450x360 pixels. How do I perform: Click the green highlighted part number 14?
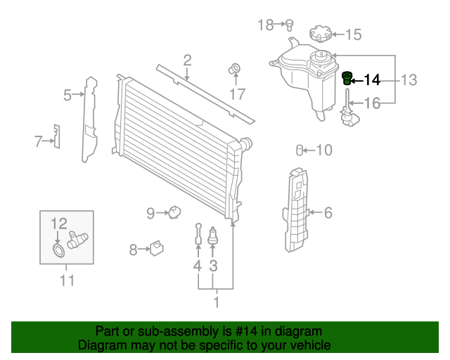tap(347, 78)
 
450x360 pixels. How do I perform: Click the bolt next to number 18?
tap(288, 25)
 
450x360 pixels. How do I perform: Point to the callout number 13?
tap(409, 80)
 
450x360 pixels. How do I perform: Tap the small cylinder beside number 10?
tap(300, 150)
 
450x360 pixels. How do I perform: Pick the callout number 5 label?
tap(67, 94)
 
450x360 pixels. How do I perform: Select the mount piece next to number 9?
tap(174, 211)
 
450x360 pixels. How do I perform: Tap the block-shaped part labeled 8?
tap(157, 247)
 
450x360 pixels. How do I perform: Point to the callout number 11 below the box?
tap(66, 281)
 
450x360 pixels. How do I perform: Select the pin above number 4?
tap(199, 233)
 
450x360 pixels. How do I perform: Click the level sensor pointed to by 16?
tap(347, 117)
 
